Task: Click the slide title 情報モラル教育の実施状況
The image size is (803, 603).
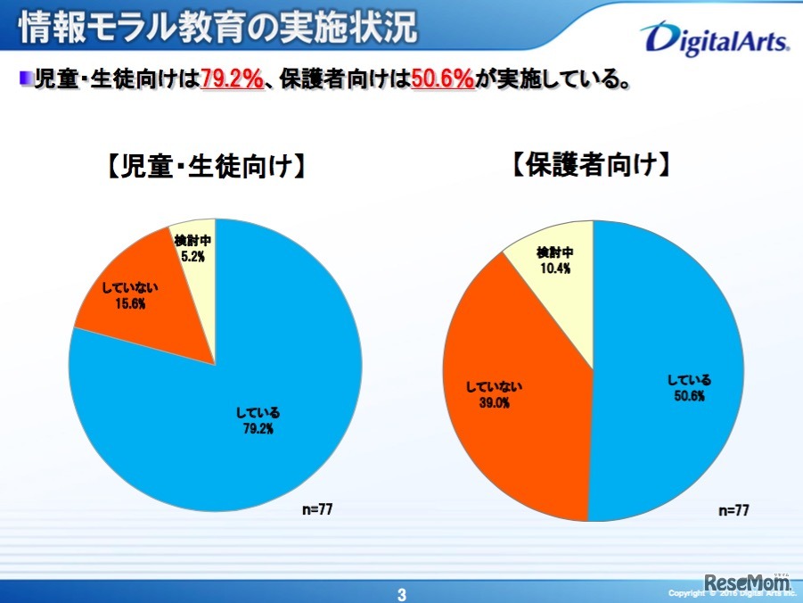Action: pos(217,28)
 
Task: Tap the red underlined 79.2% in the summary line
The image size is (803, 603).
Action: pos(232,79)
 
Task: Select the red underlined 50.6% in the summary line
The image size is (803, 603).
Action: pos(442,79)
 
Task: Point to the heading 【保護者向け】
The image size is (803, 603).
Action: pos(592,166)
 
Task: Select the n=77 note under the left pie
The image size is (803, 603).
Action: pos(321,508)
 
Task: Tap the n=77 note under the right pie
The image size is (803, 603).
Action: pos(733,510)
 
